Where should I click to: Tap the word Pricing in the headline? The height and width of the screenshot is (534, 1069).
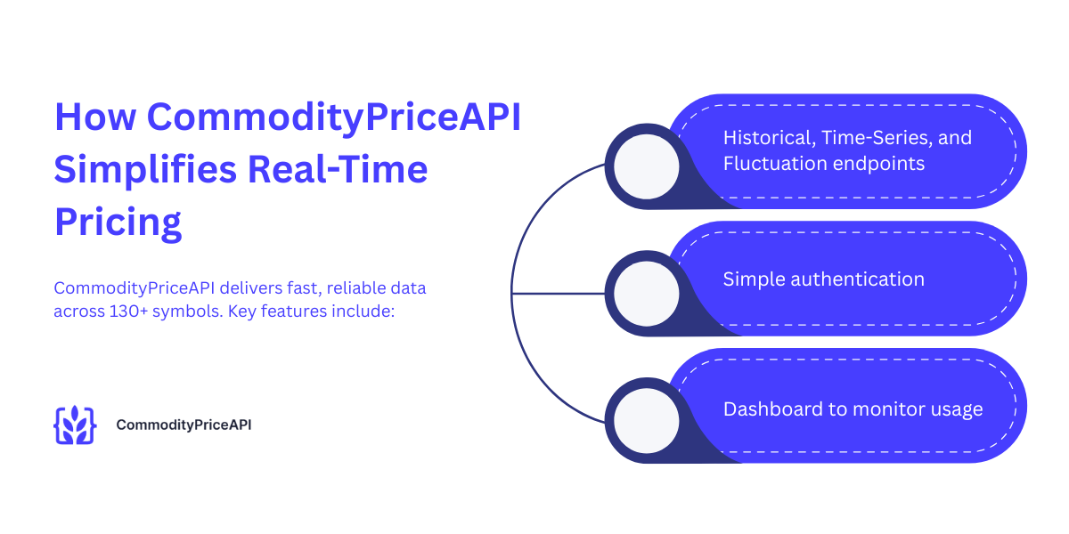point(118,222)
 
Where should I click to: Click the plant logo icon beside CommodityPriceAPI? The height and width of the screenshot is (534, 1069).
point(75,425)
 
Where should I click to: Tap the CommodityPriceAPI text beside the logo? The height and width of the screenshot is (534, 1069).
point(184,425)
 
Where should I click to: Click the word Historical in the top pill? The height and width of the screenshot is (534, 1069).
point(768,138)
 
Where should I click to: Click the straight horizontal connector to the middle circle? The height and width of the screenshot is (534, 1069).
point(559,293)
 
